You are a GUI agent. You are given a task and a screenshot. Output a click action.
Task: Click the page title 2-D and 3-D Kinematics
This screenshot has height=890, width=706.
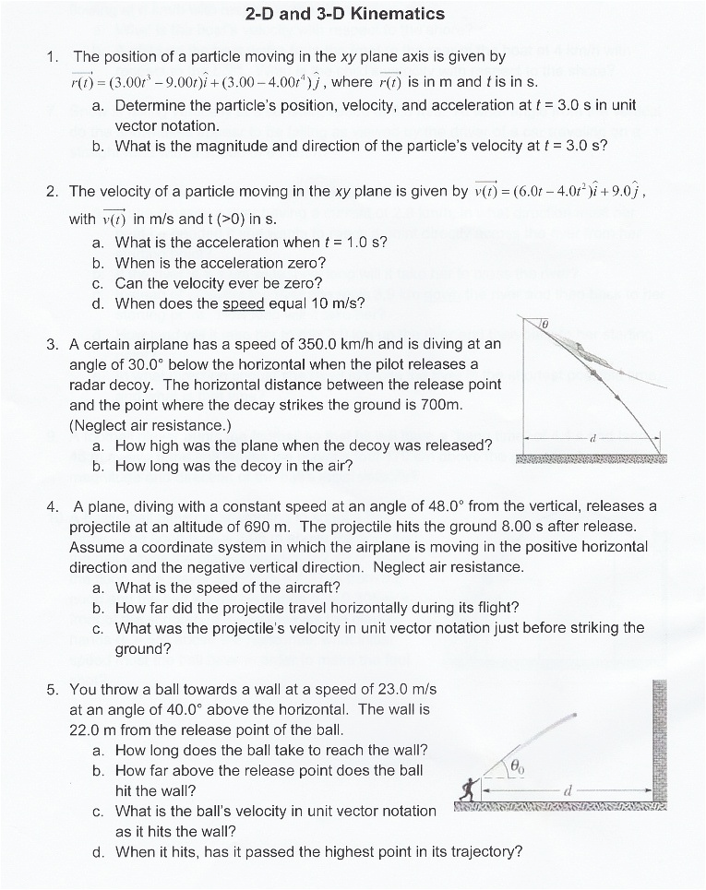(346, 14)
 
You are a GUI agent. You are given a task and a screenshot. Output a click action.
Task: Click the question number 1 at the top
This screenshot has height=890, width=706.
(52, 57)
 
